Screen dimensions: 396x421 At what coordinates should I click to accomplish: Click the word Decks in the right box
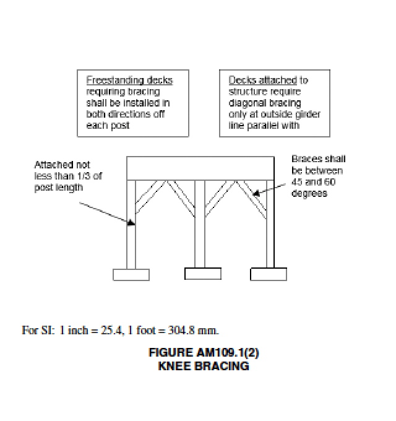click(x=238, y=80)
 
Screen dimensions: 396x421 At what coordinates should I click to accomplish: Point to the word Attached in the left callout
click(x=54, y=165)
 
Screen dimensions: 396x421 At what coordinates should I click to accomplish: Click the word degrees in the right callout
click(x=306, y=193)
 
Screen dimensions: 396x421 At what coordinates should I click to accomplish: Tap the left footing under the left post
click(x=131, y=274)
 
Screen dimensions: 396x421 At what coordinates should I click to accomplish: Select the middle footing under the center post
click(x=202, y=273)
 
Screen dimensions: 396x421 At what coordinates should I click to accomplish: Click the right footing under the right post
click(x=269, y=273)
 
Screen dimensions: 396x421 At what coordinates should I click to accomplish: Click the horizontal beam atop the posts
click(x=200, y=168)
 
